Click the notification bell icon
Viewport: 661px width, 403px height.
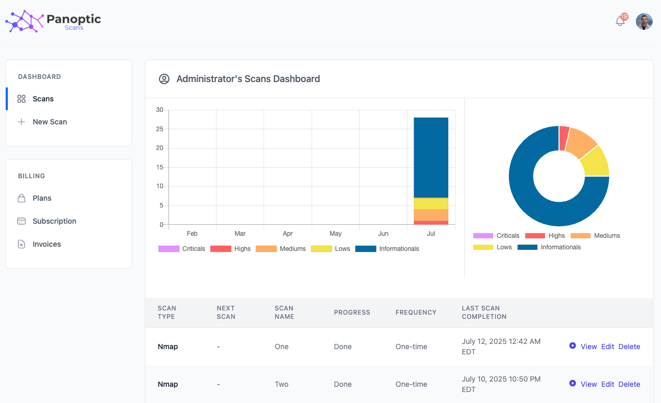click(620, 21)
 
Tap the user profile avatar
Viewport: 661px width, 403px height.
click(644, 21)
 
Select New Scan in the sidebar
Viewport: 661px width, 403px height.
click(50, 122)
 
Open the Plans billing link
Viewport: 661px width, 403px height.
click(42, 198)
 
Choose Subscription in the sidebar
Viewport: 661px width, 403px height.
click(54, 221)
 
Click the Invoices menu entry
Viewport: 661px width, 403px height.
click(47, 244)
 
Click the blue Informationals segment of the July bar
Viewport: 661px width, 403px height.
click(431, 157)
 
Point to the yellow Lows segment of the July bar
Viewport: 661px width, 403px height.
click(431, 203)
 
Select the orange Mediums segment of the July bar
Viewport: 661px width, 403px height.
click(431, 215)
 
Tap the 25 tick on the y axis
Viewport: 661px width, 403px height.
click(159, 129)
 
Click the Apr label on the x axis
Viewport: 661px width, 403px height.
click(288, 234)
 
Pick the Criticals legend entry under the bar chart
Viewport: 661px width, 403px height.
click(182, 249)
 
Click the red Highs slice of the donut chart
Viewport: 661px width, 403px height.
click(564, 137)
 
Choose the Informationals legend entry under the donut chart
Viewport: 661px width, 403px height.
click(549, 247)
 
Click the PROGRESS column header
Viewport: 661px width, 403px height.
click(352, 313)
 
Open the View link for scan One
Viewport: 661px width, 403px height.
click(588, 347)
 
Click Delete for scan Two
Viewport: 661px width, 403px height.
click(629, 384)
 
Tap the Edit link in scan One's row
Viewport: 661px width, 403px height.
click(608, 347)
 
